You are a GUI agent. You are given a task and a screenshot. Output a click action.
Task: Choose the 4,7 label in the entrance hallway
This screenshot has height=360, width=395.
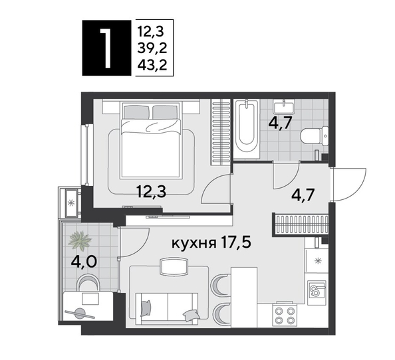(305, 196)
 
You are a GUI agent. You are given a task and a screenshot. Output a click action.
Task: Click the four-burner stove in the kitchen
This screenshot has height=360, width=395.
(285, 315)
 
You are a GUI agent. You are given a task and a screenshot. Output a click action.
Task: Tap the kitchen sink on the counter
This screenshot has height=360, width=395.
(317, 290)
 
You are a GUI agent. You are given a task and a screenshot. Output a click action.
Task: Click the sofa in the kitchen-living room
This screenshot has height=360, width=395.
(166, 308)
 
